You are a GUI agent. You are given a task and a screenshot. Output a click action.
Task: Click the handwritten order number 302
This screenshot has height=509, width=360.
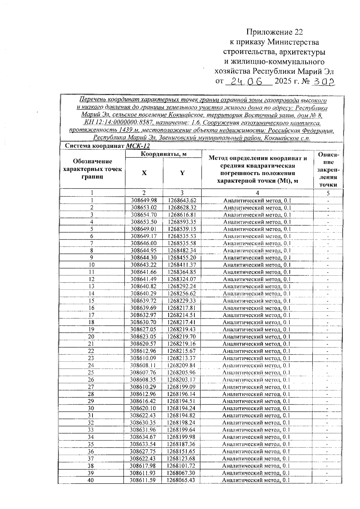point(323,82)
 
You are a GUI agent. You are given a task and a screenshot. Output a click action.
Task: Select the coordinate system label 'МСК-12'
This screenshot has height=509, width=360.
point(138,146)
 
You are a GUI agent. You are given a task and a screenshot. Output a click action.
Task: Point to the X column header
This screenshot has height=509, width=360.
point(144,173)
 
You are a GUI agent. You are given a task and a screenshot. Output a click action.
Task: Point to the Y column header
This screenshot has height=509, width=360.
point(182,173)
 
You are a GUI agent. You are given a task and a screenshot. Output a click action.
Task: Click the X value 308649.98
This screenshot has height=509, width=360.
point(144,200)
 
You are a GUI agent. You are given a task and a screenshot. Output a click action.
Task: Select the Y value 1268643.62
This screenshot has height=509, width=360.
point(182,200)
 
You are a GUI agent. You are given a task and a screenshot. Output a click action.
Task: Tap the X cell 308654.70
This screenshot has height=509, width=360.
point(144,215)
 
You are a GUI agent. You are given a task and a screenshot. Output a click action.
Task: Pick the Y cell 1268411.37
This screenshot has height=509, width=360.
point(182,265)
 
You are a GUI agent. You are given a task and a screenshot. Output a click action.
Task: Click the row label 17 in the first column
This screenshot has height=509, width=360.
point(91,315)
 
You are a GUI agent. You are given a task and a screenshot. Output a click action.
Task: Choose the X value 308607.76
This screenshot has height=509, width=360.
point(144,373)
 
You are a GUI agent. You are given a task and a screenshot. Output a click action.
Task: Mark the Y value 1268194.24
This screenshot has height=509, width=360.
point(181,408)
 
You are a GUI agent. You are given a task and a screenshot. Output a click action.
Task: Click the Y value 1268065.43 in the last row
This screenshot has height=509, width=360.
point(181,480)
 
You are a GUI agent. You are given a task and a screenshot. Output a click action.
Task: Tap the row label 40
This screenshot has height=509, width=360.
point(91,480)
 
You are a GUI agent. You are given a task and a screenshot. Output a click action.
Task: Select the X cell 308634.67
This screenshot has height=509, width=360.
point(143,437)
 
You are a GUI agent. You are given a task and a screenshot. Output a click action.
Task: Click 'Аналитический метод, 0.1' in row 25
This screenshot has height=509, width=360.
point(256,373)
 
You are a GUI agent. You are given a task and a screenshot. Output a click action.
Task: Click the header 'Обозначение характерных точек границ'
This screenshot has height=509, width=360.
point(93,169)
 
